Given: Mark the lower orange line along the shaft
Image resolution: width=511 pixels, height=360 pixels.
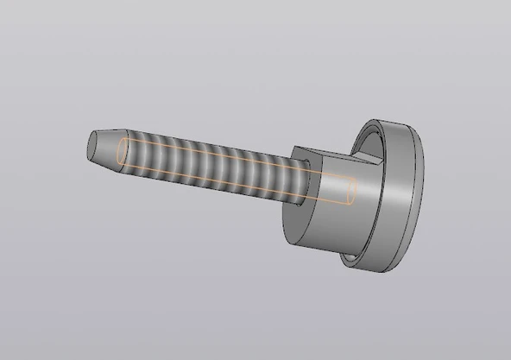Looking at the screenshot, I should tap(233, 187).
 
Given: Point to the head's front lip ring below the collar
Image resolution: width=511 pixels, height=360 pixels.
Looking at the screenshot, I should tap(349, 259).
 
